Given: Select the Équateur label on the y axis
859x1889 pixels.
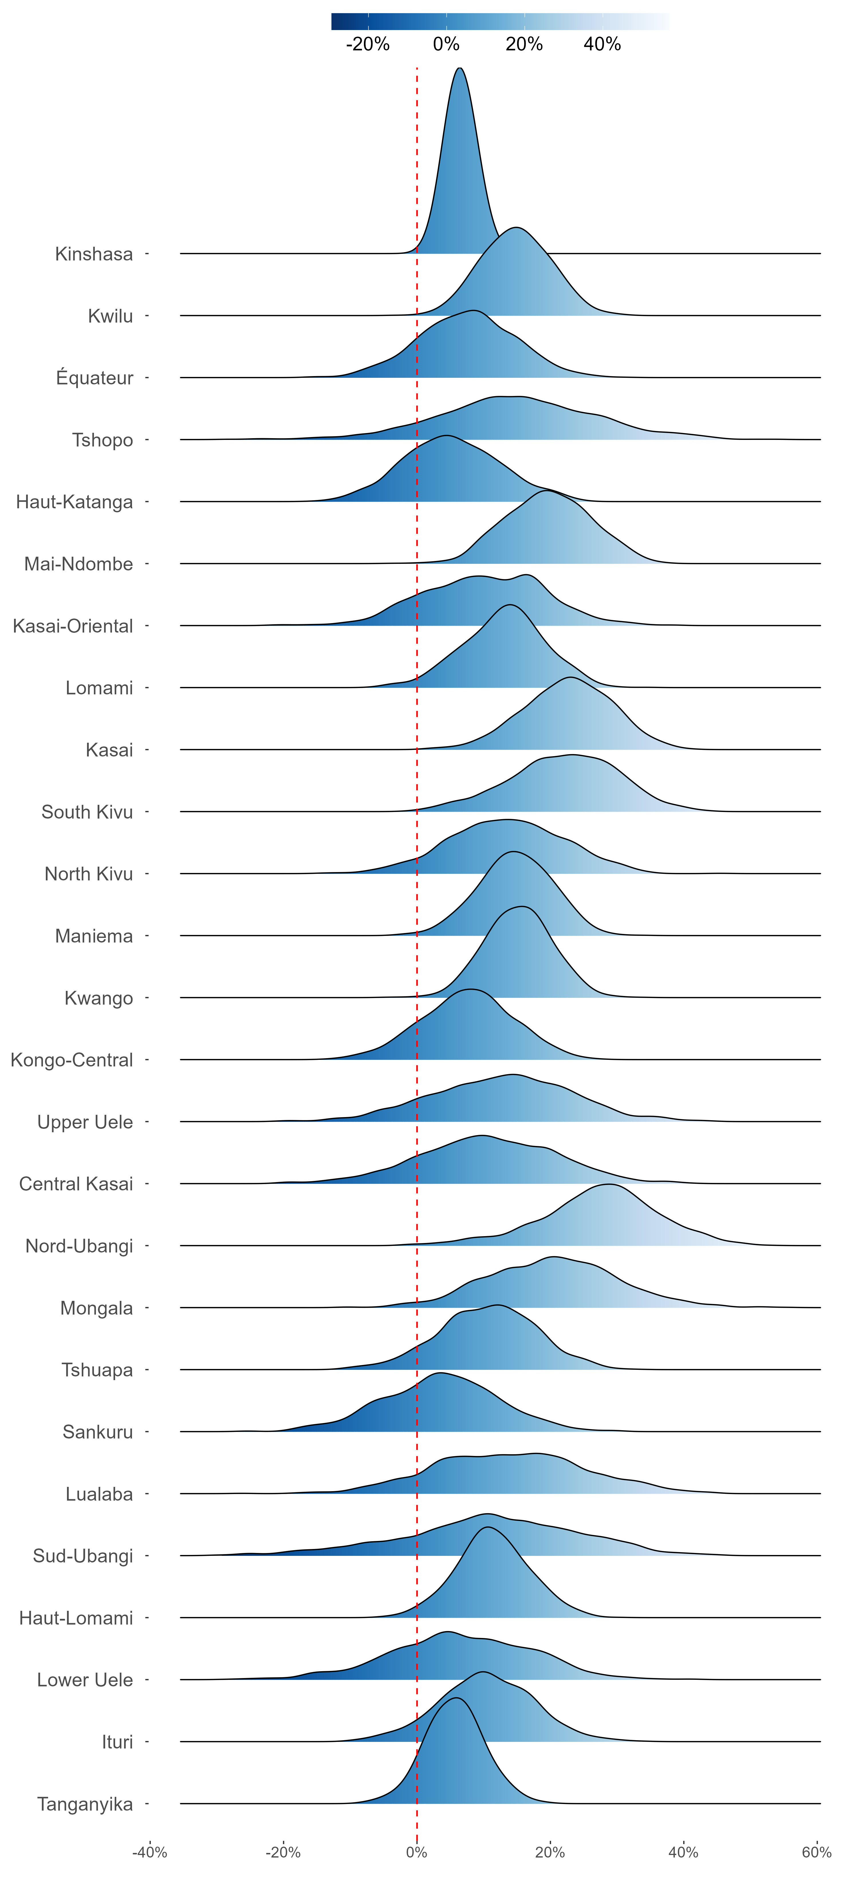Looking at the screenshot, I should click(x=94, y=378).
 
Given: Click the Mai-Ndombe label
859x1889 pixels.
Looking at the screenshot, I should click(x=78, y=564).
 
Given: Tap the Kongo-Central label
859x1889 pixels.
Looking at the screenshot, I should click(x=72, y=1060).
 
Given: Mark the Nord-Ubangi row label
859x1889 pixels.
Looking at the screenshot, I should click(x=79, y=1246).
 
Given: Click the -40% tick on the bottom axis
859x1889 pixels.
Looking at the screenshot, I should click(x=150, y=1852).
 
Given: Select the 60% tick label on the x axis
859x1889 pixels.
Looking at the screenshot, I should click(x=816, y=1852).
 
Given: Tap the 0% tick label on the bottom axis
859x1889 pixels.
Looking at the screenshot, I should click(x=417, y=1852).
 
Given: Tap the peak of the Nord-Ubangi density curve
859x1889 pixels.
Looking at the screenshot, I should click(x=608, y=1184).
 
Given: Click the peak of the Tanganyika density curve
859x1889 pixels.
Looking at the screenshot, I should click(x=456, y=1698).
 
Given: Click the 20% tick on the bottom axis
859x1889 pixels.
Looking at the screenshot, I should click(x=550, y=1852).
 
